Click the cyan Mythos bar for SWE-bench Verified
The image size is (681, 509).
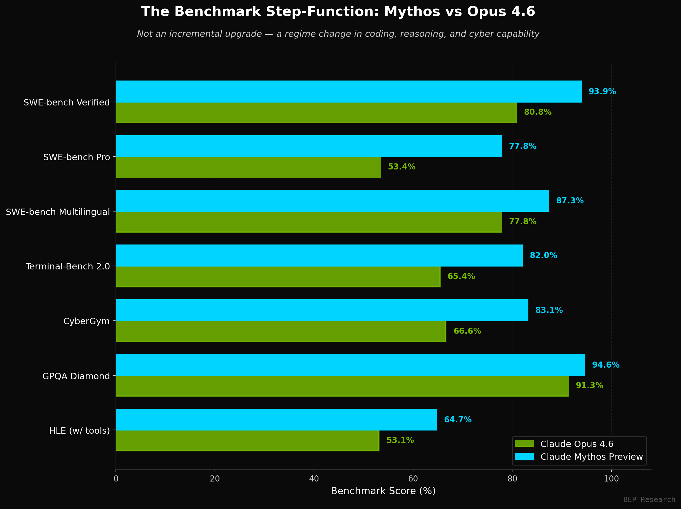[x=349, y=92]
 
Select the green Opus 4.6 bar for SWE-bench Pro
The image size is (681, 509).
[x=249, y=167]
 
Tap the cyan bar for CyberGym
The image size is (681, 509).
[x=322, y=310]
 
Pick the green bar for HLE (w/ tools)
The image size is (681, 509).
[x=248, y=441]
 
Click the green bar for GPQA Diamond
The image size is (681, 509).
[x=342, y=386]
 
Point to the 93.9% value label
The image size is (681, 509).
[x=602, y=92]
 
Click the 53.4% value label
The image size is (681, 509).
[x=401, y=167]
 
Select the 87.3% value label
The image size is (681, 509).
[x=570, y=201]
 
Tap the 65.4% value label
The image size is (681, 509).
[x=461, y=276]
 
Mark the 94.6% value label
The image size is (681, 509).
[x=606, y=365]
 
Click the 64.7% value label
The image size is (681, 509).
[x=458, y=420]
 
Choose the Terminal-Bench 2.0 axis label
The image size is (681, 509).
[x=68, y=266]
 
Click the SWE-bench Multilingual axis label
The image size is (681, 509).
[x=58, y=212]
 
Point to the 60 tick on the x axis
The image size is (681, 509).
[x=413, y=479]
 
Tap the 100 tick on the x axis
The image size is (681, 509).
[x=611, y=479]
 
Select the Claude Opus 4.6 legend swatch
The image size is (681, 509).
[x=524, y=444]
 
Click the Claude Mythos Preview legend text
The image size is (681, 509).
[x=592, y=457]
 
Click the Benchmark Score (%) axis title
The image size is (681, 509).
[x=383, y=491]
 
